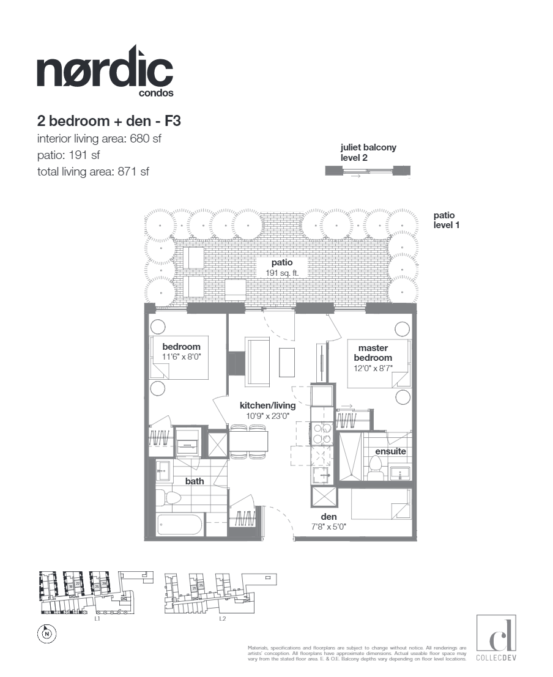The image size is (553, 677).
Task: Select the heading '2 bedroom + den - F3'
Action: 108,120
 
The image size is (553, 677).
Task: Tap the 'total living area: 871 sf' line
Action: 92,172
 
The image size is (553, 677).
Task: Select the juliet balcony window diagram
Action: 368,172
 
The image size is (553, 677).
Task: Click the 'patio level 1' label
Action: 446,220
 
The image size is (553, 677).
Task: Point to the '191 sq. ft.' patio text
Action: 282,273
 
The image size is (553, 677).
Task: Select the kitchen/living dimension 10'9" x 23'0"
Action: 267,416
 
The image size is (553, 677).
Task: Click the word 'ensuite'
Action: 390,451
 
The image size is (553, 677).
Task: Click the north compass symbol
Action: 47,634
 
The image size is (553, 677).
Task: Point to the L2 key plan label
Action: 223,618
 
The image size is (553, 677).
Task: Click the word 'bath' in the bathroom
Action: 195,481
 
